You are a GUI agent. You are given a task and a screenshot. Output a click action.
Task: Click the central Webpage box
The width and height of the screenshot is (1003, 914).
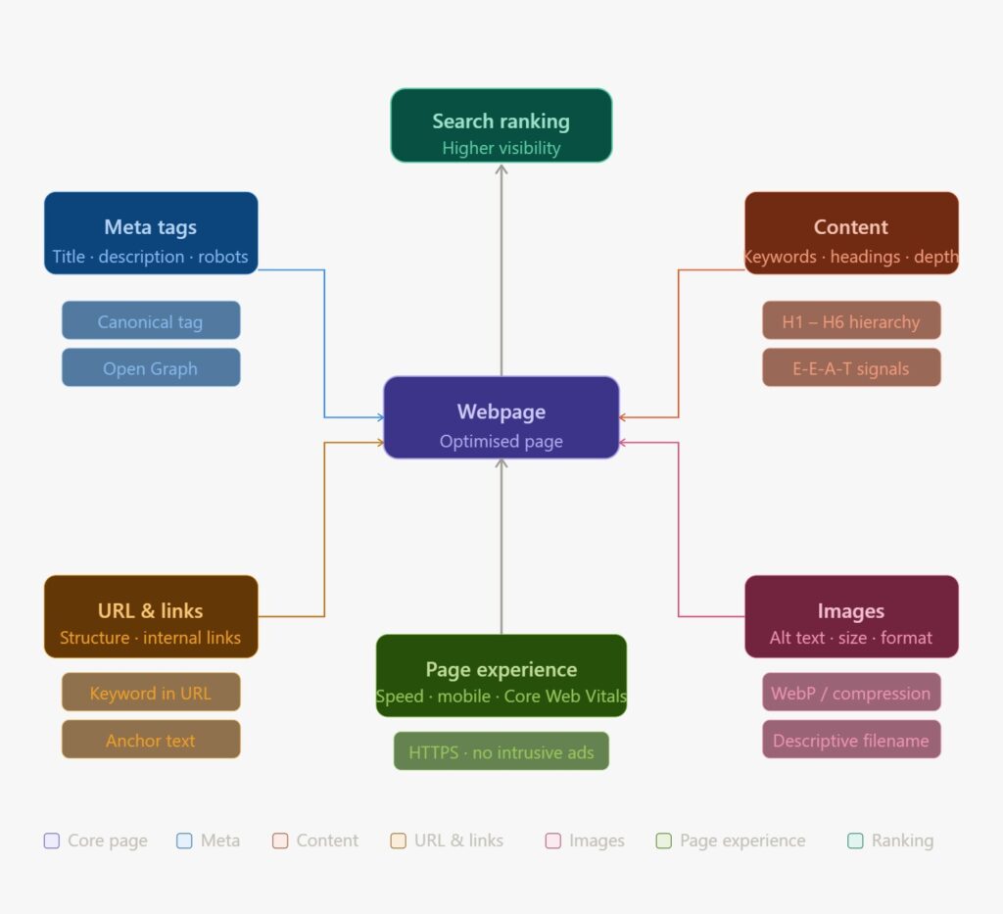click(501, 417)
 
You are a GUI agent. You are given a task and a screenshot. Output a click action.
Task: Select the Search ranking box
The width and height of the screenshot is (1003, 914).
click(501, 125)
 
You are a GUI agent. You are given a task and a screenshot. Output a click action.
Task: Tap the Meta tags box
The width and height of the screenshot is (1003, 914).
click(151, 233)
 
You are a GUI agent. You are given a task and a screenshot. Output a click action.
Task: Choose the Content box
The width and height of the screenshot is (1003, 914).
click(850, 233)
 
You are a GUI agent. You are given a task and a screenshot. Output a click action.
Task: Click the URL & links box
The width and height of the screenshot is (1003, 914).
click(151, 616)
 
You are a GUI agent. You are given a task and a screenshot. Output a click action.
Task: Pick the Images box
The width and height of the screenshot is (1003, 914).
click(850, 616)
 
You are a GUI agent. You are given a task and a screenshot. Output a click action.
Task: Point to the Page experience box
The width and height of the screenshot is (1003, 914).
click(501, 675)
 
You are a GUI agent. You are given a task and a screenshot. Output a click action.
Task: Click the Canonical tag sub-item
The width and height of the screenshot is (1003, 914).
click(151, 320)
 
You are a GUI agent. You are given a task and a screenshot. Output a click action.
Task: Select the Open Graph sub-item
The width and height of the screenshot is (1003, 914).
click(151, 367)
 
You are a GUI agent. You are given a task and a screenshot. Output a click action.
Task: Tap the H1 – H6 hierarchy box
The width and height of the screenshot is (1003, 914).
click(850, 320)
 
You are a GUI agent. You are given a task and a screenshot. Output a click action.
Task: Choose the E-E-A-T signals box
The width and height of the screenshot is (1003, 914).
click(850, 367)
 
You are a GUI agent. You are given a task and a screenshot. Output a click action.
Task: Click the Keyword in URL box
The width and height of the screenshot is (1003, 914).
click(151, 692)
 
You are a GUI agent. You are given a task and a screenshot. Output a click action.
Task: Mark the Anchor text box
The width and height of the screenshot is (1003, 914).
click(151, 739)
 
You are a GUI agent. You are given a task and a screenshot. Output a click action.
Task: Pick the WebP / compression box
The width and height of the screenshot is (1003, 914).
click(850, 692)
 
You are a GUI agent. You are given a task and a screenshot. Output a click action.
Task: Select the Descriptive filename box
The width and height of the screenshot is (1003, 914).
click(850, 739)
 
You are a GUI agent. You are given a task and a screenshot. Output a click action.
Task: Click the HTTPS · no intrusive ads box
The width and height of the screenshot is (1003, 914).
click(501, 751)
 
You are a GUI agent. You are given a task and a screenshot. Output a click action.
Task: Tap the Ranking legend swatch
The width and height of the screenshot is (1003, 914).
click(855, 841)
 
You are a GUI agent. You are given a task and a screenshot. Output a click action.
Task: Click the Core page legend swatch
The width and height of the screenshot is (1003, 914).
click(52, 841)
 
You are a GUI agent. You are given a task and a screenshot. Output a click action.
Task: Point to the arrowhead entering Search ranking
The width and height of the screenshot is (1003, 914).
click(501, 169)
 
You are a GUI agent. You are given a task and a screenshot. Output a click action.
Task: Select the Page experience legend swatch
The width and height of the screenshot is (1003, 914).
click(663, 841)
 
